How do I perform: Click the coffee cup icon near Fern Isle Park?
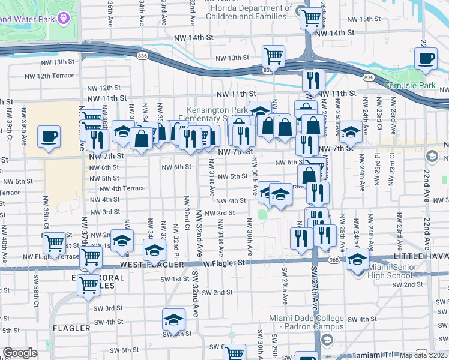point(426,59)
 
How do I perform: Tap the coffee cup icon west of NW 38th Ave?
point(49,136)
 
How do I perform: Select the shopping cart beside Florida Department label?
point(311,18)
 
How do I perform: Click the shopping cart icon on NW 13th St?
point(273,56)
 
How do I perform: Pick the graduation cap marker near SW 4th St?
point(173,320)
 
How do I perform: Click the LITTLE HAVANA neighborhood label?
point(420,256)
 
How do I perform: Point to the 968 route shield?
point(333,259)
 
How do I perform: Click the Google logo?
point(20,353)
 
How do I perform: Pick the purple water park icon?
point(64,19)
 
